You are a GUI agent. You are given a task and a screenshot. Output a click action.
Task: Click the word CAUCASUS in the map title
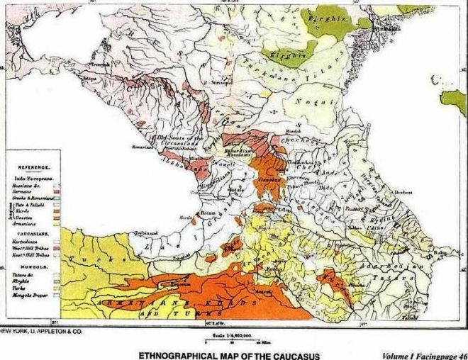296,354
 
